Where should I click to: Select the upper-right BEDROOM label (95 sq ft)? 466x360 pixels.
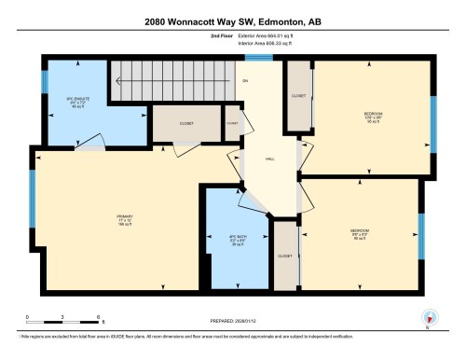point(373,119)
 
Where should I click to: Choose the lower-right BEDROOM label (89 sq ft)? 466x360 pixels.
point(360,231)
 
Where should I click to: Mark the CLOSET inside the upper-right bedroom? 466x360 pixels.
point(298,96)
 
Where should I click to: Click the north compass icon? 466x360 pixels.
point(428,317)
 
